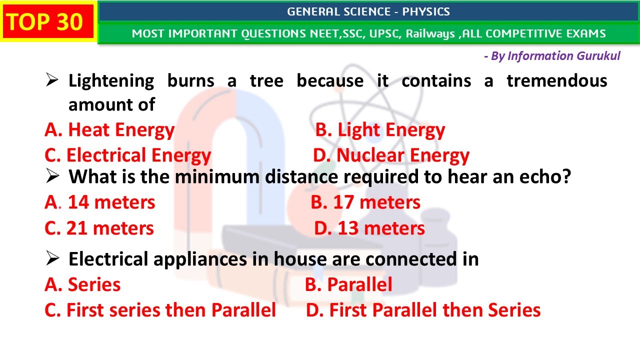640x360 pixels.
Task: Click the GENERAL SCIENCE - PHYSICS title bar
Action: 368,11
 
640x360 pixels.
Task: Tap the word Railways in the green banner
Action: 430,34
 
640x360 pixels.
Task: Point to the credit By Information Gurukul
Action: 552,56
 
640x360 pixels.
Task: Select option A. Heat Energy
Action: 109,130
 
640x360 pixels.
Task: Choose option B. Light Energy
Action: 380,130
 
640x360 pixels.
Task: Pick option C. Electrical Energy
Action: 128,155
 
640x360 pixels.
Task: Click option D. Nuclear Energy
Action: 391,155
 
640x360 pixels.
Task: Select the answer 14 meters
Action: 111,202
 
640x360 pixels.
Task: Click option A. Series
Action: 82,285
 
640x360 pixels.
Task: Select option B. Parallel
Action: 348,285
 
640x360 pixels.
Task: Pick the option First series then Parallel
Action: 160,310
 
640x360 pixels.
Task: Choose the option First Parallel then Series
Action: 423,310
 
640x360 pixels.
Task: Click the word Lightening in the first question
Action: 111,81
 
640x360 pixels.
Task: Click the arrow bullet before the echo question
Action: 52,176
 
